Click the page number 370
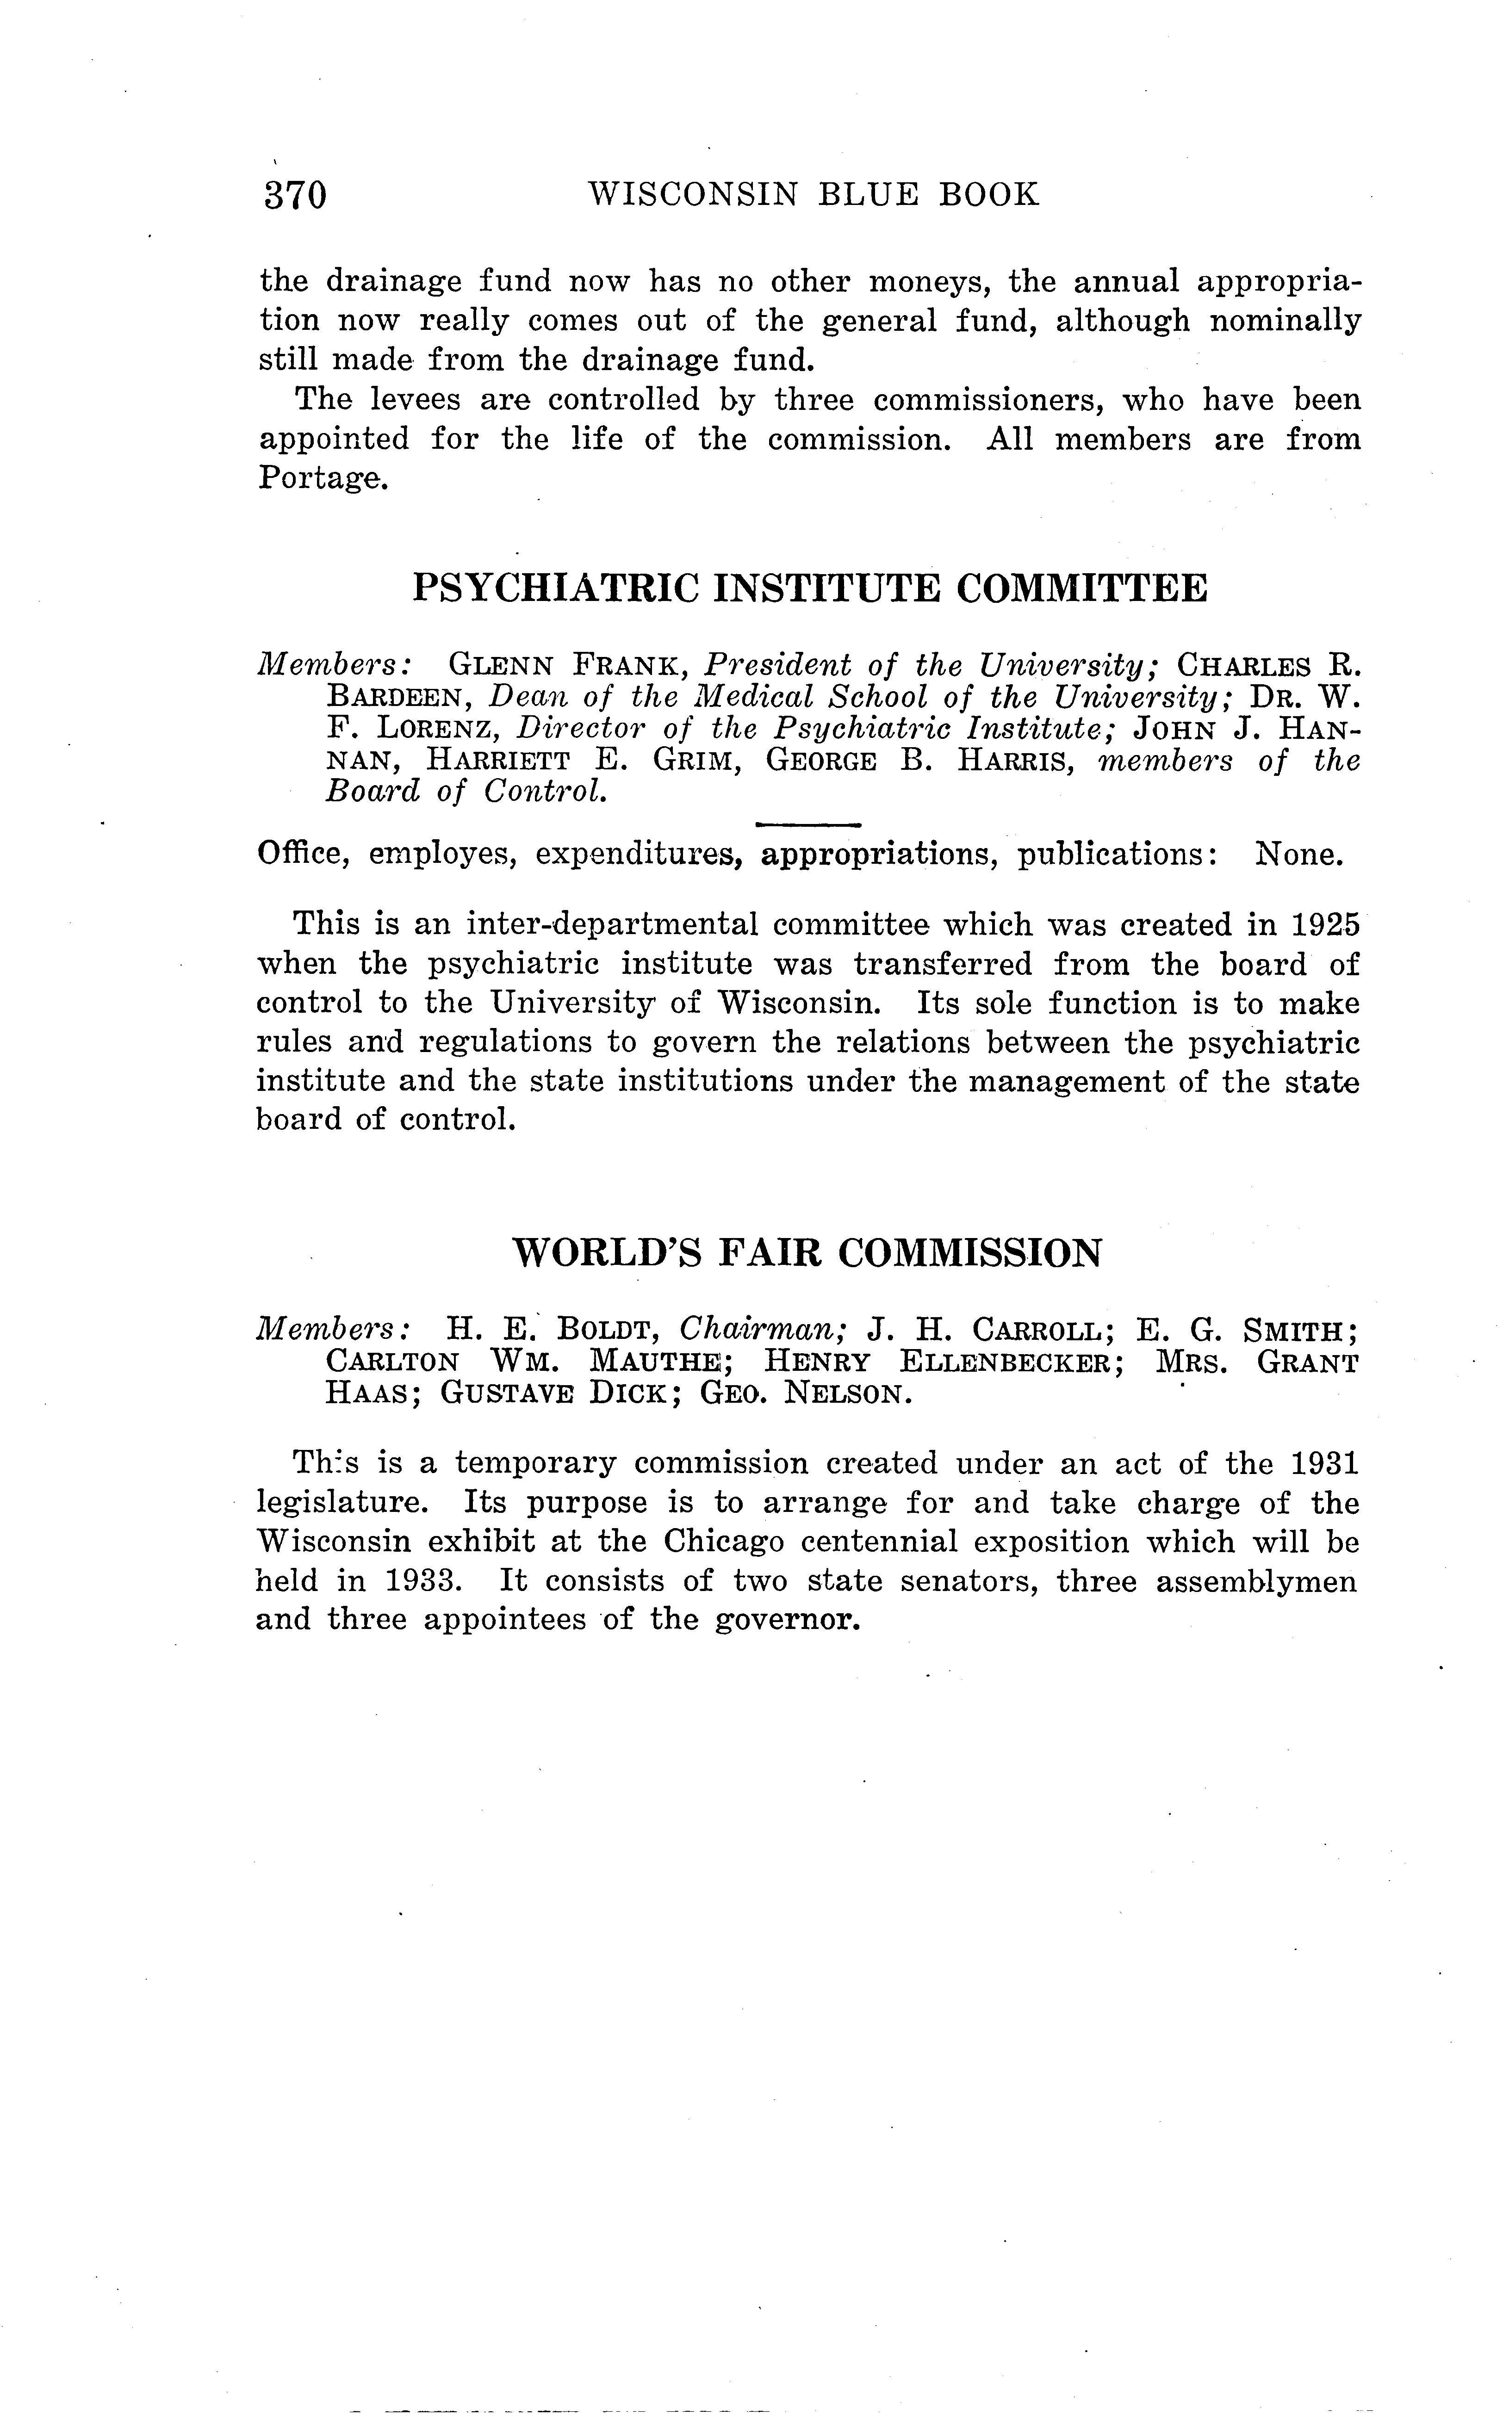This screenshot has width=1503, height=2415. [x=295, y=195]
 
